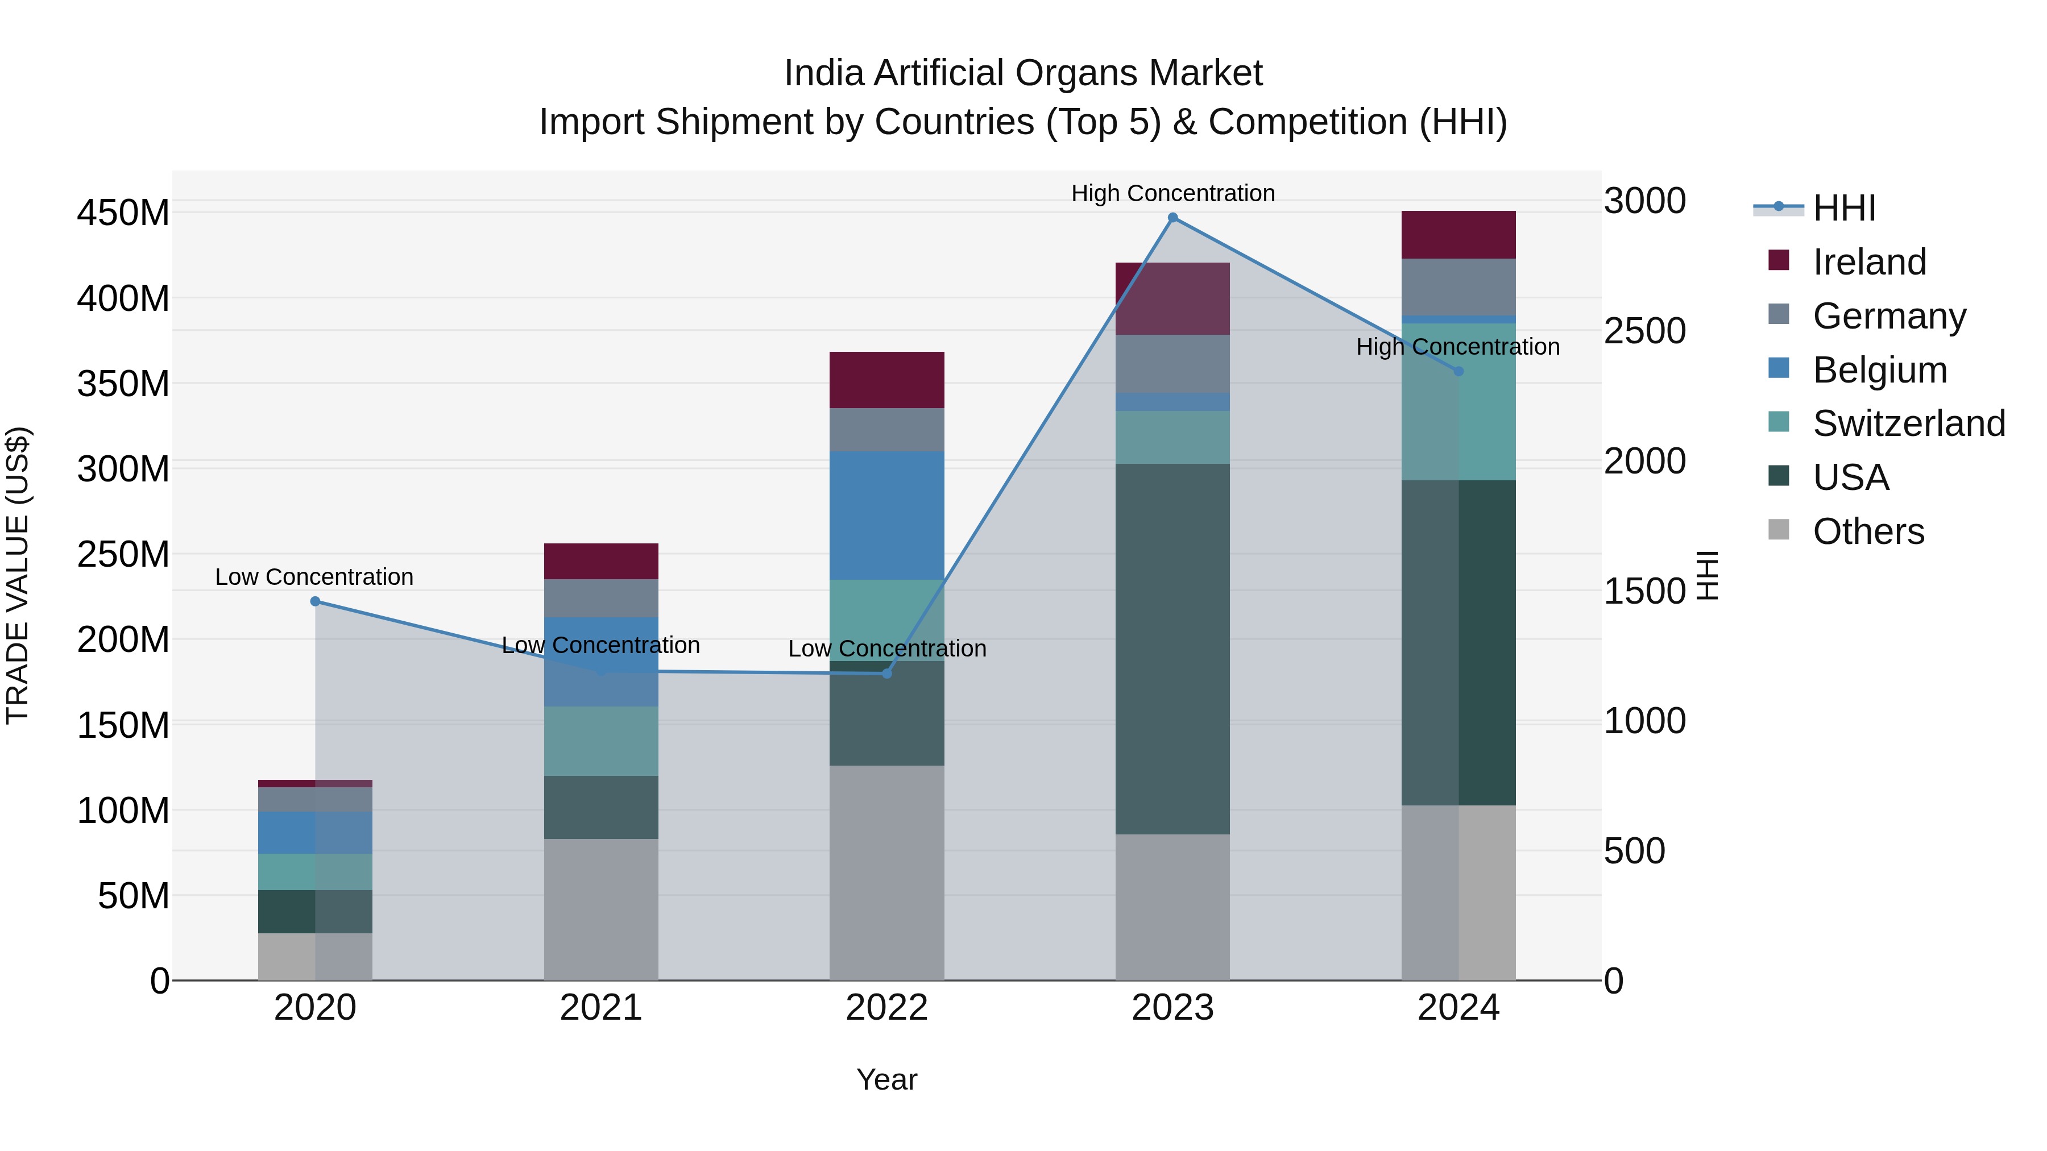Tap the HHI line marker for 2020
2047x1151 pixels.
pos(316,601)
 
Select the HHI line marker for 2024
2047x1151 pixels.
pos(1458,371)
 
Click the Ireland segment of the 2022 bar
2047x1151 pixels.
pos(887,380)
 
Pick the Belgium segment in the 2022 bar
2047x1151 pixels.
pos(887,515)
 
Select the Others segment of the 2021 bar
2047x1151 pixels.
pos(601,909)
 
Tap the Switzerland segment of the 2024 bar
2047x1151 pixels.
pos(1458,401)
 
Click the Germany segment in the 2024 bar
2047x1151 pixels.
pos(1458,286)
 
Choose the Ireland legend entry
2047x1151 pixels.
pos(1869,262)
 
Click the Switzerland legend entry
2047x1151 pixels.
pos(1909,423)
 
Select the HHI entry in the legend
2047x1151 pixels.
pos(1843,208)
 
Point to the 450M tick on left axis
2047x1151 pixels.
pos(123,213)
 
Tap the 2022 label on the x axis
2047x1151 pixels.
pos(887,1008)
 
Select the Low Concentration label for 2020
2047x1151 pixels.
pos(314,577)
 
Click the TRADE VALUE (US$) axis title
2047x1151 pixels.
pos(18,575)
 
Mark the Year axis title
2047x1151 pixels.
pos(887,1079)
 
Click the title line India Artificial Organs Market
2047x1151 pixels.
pos(1023,73)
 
